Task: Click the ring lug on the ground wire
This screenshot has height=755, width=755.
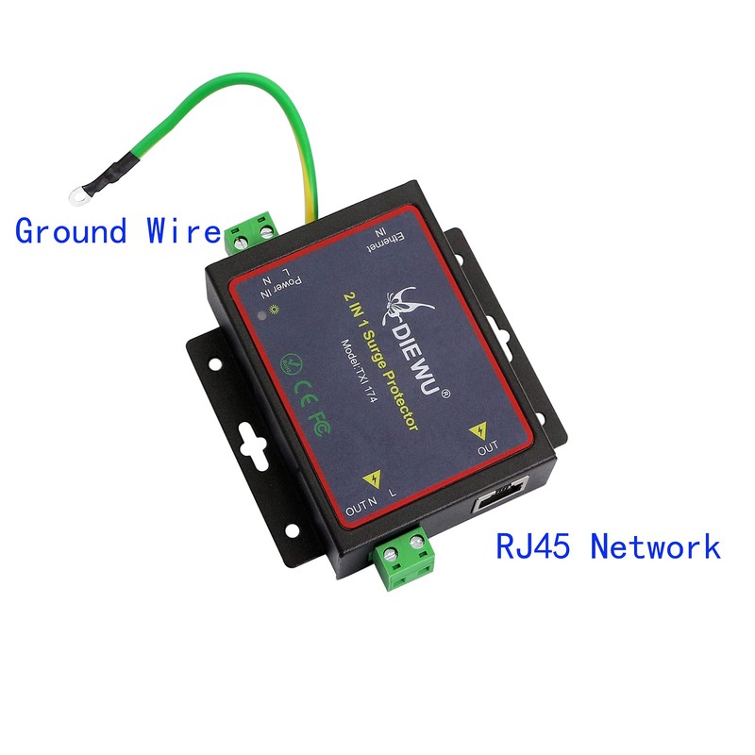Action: coord(75,197)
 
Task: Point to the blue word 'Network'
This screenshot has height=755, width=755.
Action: coord(655,545)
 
